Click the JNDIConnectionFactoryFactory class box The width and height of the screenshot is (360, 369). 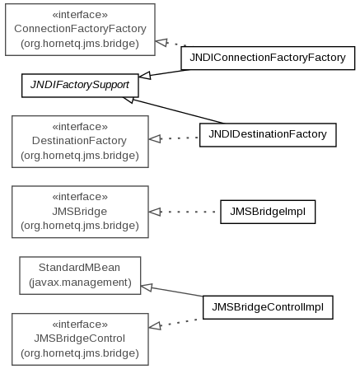[x=268, y=58]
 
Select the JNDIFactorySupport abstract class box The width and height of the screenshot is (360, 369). [x=80, y=86]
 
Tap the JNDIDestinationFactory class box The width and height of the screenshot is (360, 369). [x=268, y=135]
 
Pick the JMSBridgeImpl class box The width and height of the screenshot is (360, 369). [x=268, y=212]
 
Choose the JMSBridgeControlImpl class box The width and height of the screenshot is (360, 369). [x=268, y=307]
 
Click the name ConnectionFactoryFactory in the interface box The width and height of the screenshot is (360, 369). [x=80, y=29]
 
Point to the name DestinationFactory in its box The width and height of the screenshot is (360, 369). [x=79, y=141]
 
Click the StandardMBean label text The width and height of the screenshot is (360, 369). [x=79, y=268]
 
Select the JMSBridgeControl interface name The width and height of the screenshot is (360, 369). [x=79, y=339]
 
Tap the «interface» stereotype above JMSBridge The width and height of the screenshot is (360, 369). [x=80, y=197]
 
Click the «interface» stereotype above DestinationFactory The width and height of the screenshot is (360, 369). [x=80, y=127]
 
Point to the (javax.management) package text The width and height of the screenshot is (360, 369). [x=80, y=283]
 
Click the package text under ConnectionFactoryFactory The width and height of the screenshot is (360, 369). [x=80, y=44]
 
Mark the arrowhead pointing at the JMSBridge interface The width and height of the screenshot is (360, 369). [x=155, y=212]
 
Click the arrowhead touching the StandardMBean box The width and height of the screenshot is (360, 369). [x=147, y=287]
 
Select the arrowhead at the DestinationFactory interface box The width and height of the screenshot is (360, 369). [x=155, y=138]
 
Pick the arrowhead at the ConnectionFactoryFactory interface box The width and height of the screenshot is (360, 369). [x=161, y=42]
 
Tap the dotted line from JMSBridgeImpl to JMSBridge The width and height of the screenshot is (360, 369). [x=188, y=212]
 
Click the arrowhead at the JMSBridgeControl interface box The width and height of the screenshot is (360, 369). [x=155, y=326]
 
